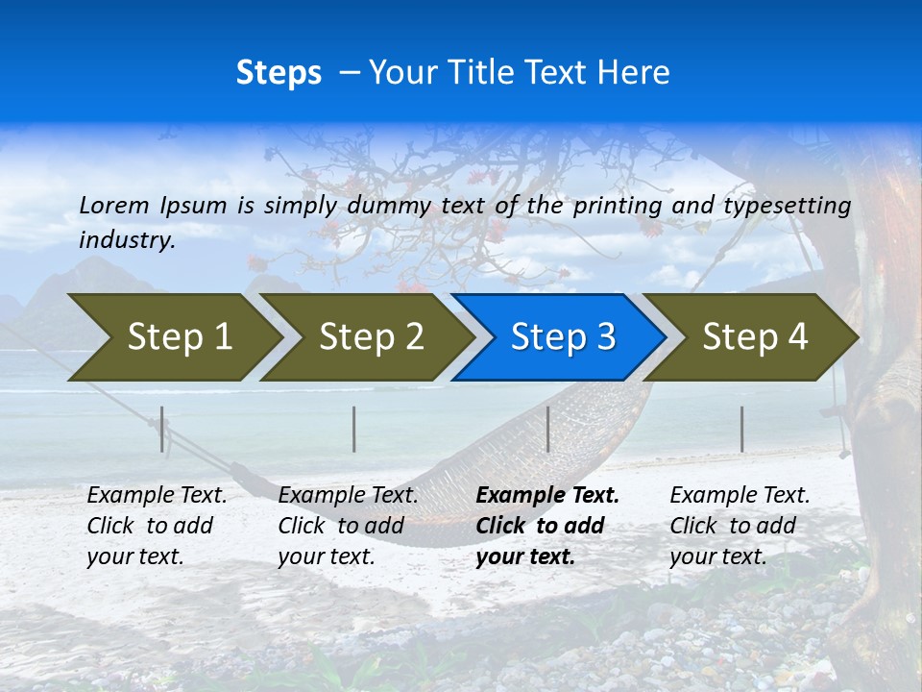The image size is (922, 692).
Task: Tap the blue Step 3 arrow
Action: (x=563, y=337)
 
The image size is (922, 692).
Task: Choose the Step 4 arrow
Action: (x=755, y=337)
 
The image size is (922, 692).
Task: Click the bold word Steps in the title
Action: (x=279, y=73)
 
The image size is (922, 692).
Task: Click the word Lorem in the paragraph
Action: (x=115, y=205)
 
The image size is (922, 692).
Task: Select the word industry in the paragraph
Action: (x=126, y=240)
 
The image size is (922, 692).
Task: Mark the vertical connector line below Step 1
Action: (x=162, y=429)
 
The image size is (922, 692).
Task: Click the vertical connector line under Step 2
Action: (x=354, y=429)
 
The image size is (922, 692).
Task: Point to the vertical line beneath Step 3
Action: (x=548, y=429)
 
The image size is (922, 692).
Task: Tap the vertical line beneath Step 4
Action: (x=742, y=429)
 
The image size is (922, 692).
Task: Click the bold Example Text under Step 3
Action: (x=547, y=496)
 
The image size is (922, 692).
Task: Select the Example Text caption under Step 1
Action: (x=158, y=496)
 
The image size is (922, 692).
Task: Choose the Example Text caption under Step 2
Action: (x=349, y=496)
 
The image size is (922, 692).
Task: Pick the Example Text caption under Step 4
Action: (x=740, y=496)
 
